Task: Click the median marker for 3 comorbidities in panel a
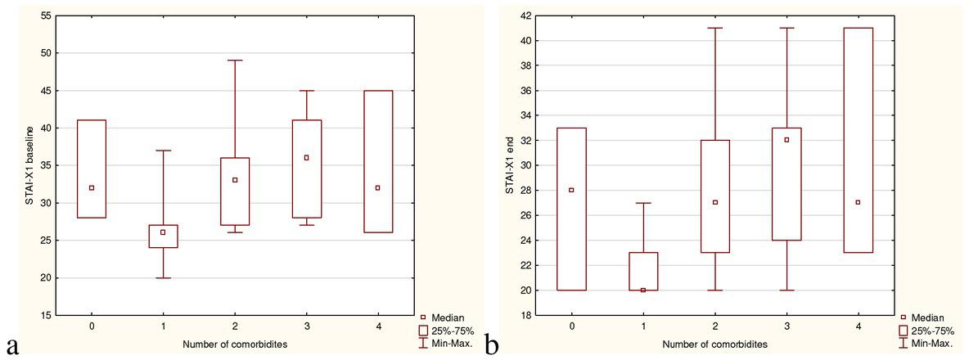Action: coord(306,158)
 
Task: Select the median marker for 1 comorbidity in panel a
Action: coord(163,232)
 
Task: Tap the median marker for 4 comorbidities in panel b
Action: coord(859,202)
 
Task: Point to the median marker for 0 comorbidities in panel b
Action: coord(571,190)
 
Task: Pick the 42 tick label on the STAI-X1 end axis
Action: coord(524,16)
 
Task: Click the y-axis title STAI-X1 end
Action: coord(508,164)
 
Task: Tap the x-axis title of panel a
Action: coord(234,344)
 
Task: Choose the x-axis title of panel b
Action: coord(714,344)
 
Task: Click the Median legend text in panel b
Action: coord(929,317)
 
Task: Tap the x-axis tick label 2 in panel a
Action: coord(234,326)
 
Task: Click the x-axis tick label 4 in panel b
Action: coord(859,326)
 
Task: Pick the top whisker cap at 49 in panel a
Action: coord(234,61)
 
